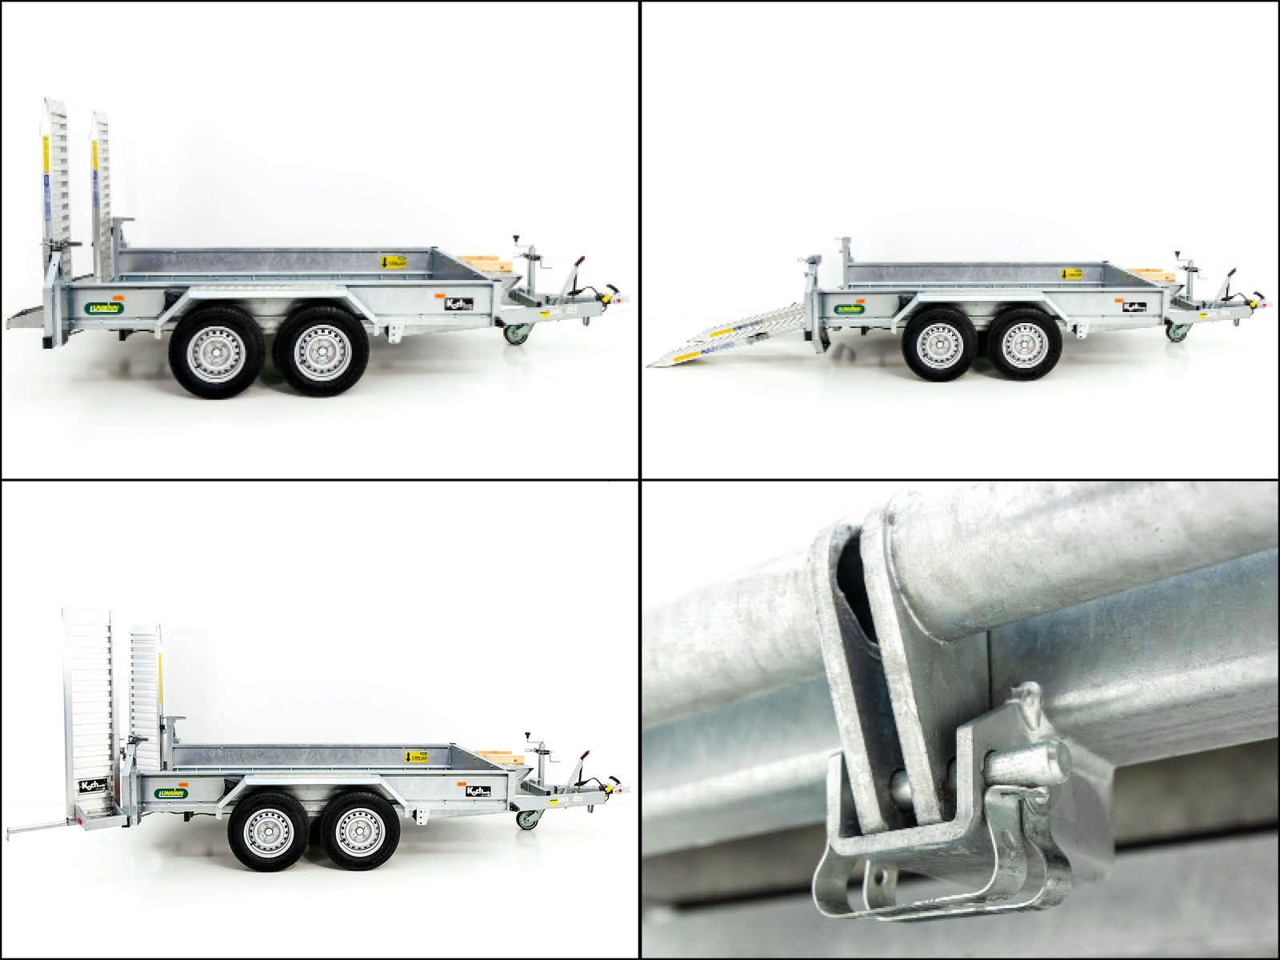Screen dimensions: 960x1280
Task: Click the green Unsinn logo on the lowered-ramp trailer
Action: pos(850,308)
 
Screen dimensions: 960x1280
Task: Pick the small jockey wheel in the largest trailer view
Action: pos(515,331)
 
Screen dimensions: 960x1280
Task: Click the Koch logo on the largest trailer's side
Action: pos(459,303)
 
